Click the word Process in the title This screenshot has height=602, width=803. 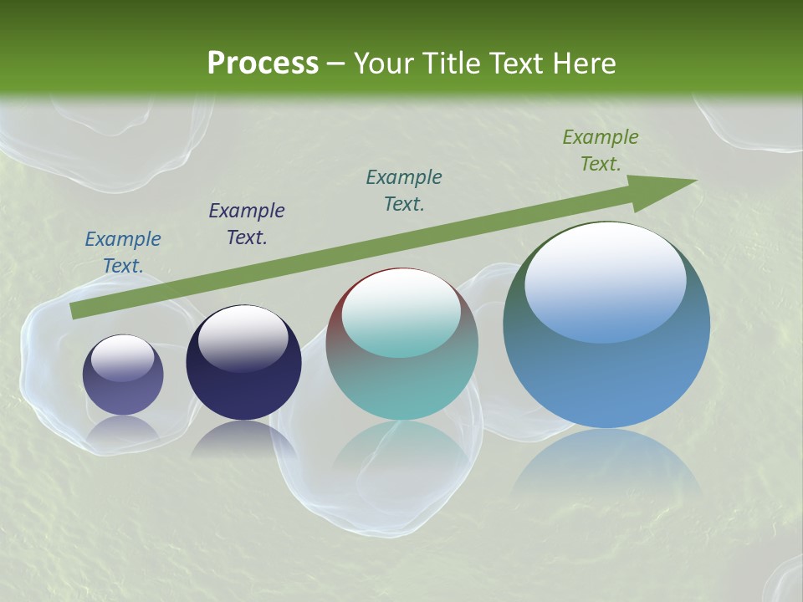(263, 64)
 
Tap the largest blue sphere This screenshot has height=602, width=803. (606, 368)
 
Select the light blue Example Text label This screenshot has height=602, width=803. (123, 253)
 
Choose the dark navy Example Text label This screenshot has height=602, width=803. (247, 224)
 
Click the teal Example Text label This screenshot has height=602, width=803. (404, 191)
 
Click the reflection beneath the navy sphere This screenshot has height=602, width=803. (243, 439)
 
